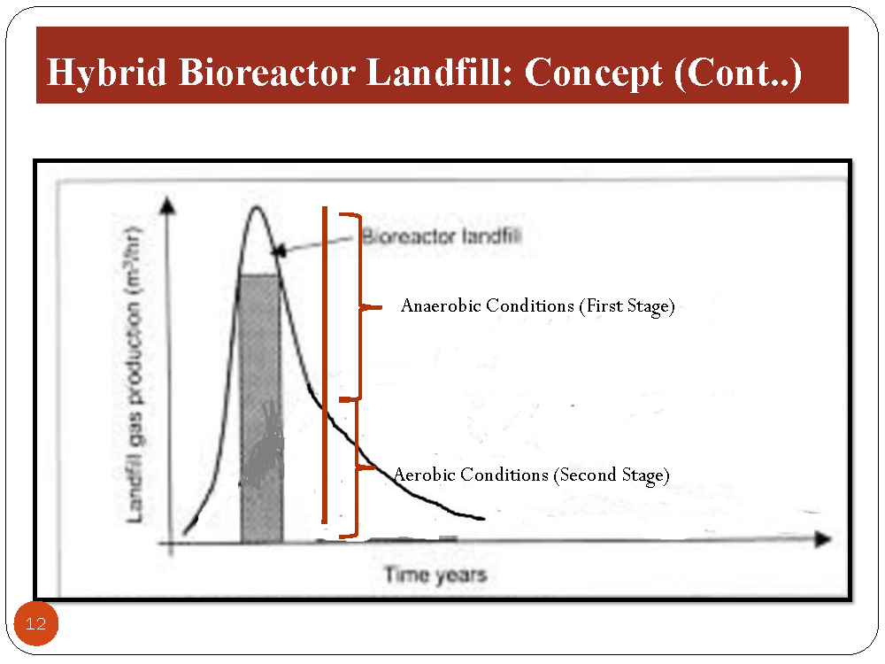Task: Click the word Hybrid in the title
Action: tap(106, 73)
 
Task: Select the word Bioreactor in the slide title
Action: tap(267, 73)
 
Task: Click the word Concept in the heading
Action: tap(593, 73)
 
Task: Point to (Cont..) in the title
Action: tap(738, 73)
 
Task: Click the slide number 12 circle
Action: tap(36, 624)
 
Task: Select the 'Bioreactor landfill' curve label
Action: tap(442, 235)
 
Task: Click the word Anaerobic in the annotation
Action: tap(440, 305)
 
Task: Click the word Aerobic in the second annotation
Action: tap(425, 475)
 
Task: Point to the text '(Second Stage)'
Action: tap(612, 475)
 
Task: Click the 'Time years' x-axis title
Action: tap(435, 575)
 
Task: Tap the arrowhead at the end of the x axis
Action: tap(823, 539)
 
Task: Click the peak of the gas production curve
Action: tap(257, 207)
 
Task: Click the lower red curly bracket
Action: tap(357, 467)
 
